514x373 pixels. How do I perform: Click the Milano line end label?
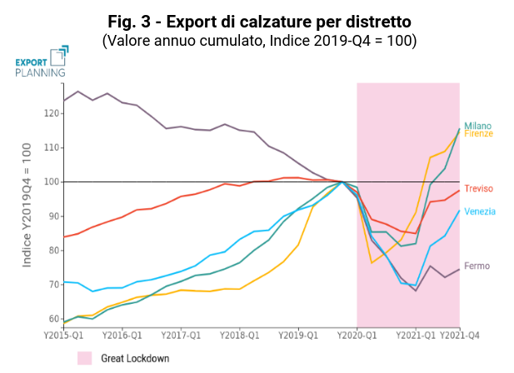(477, 126)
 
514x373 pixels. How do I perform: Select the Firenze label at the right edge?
(478, 134)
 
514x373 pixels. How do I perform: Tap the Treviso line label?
(479, 189)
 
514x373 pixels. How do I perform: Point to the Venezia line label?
(480, 211)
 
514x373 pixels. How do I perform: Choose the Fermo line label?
(477, 266)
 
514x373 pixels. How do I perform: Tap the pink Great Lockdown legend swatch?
(84, 358)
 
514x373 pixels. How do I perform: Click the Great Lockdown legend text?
(135, 358)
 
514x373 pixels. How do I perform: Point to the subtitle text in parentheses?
(258, 40)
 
